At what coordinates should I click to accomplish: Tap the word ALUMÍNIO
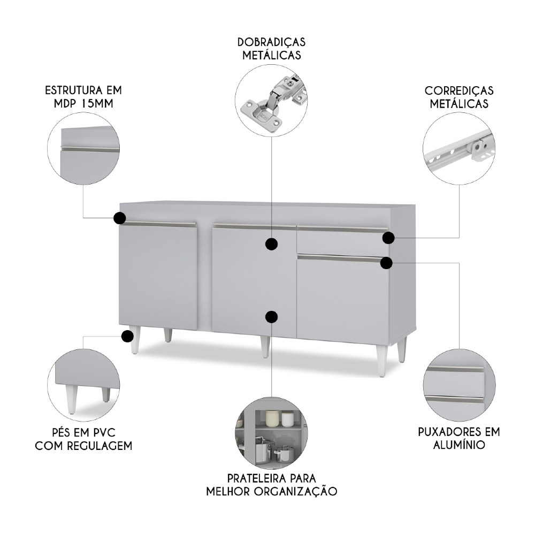click(459, 445)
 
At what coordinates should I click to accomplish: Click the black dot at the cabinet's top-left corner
click(120, 218)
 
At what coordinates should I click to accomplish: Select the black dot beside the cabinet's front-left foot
click(127, 336)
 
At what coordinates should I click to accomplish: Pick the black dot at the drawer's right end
click(388, 238)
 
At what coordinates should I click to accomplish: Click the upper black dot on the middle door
click(272, 244)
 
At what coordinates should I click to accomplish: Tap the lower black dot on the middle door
click(272, 317)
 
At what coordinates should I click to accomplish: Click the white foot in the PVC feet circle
click(72, 401)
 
